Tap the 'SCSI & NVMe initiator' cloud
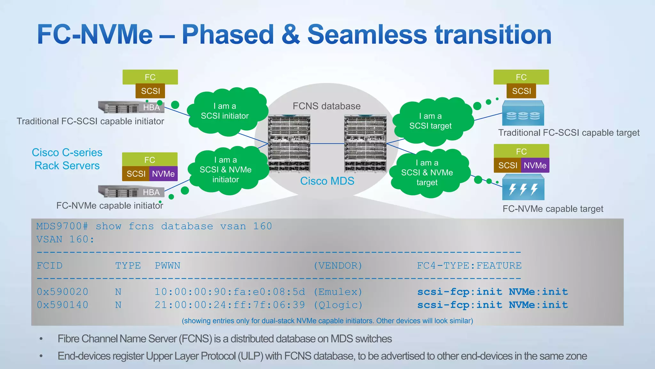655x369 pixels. point(226,170)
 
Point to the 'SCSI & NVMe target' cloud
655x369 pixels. point(427,173)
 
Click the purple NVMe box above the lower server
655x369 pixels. point(163,174)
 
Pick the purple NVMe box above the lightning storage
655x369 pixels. point(535,165)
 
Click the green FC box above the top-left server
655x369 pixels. point(150,77)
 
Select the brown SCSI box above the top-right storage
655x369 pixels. point(521,91)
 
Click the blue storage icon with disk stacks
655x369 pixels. point(523,114)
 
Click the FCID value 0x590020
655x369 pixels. point(62,292)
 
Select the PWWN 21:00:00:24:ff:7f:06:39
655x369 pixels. point(230,305)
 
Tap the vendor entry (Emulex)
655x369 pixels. point(338,292)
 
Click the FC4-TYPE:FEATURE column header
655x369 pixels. point(469,266)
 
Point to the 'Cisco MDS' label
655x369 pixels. point(327,181)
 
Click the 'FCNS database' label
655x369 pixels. point(327,106)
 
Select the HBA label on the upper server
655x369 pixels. point(151,107)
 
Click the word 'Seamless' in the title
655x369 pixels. point(367,35)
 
